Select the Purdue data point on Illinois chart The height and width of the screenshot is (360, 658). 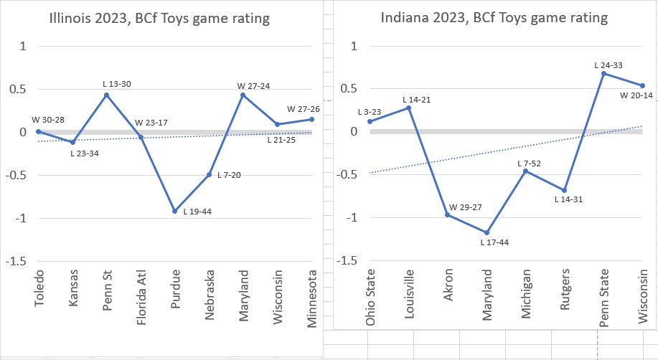tap(174, 211)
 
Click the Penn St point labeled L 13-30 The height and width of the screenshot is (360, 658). tap(106, 95)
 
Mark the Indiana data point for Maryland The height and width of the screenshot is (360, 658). tap(487, 232)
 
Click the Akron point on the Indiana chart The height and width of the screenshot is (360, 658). tap(448, 215)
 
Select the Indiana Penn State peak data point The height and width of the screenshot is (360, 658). tap(603, 73)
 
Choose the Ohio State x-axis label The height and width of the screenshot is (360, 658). tap(370, 297)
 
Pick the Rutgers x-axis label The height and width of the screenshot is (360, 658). tap(565, 292)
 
